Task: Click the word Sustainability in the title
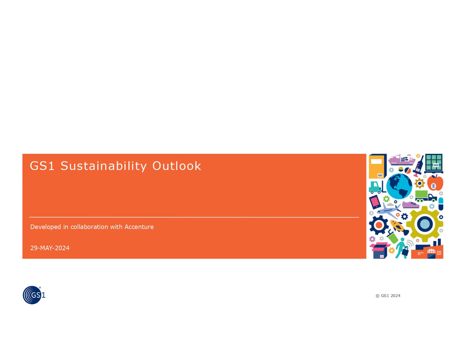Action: [x=103, y=166]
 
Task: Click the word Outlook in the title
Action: [x=177, y=166]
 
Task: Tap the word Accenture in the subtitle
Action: [x=139, y=227]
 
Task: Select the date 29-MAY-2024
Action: [x=50, y=248]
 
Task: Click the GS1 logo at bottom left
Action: [x=34, y=295]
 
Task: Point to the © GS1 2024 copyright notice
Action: [x=388, y=296]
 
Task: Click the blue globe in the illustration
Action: [x=399, y=186]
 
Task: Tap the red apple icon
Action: [x=435, y=184]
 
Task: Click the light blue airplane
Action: [x=388, y=210]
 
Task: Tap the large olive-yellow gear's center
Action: [x=424, y=224]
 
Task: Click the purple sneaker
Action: [x=411, y=204]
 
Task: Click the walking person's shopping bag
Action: [x=405, y=251]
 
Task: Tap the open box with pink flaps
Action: [x=380, y=250]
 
